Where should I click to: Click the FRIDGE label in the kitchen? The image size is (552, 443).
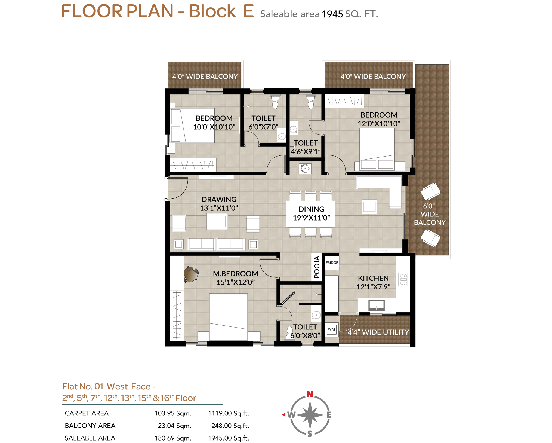[x=332, y=263]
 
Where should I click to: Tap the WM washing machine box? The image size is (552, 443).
[x=331, y=329]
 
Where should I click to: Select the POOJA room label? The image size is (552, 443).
[x=317, y=267]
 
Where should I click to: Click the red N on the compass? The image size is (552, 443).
[x=310, y=394]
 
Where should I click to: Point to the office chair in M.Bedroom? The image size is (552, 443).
[x=191, y=274]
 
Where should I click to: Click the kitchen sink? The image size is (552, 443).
[x=376, y=305]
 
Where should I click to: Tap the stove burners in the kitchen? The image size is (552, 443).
[x=404, y=279]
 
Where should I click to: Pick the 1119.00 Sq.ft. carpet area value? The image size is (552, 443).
[x=229, y=413]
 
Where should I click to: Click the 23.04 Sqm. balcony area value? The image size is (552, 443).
[x=174, y=426]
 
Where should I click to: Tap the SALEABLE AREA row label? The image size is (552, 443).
[x=90, y=438]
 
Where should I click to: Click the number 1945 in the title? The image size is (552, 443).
[x=332, y=14]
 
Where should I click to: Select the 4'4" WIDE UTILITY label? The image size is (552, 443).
[x=378, y=332]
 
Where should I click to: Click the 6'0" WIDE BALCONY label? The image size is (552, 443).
[x=430, y=214]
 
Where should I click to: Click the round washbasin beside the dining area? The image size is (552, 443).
[x=305, y=169]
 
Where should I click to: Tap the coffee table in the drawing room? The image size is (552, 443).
[x=217, y=221]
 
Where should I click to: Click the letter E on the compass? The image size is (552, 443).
[x=329, y=415]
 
